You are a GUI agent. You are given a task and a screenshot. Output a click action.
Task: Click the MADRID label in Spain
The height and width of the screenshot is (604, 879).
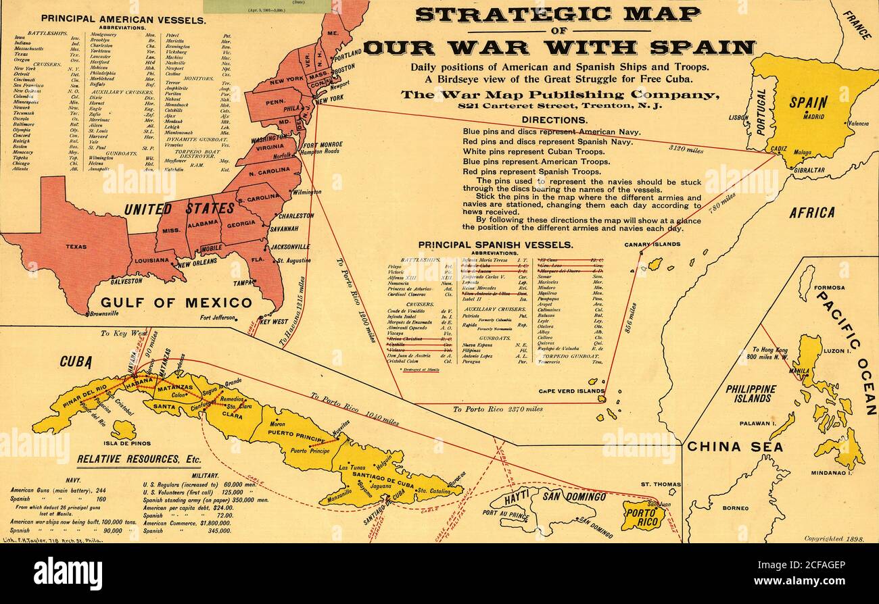813,116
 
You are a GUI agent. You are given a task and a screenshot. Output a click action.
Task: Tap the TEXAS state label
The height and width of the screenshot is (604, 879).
76,247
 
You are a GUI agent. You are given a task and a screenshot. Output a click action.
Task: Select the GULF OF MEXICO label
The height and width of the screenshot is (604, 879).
176,302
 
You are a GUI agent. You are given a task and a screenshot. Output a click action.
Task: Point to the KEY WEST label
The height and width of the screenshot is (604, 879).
274,322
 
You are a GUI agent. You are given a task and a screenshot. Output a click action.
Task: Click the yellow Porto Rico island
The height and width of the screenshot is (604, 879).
642,515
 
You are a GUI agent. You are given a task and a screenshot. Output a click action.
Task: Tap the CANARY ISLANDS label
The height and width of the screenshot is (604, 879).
652,244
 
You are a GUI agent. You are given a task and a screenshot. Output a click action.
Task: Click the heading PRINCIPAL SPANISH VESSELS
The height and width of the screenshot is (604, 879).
496,245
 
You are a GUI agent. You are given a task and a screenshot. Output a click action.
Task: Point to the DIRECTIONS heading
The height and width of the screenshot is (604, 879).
554,120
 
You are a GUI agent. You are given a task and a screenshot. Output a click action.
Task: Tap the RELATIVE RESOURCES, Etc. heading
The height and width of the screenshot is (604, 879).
139,459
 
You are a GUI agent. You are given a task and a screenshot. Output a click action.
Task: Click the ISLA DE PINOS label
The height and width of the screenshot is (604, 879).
122,443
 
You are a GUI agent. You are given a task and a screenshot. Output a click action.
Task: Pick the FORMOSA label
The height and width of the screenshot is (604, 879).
828,287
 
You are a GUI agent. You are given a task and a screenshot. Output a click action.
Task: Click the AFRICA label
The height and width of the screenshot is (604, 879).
811,212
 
